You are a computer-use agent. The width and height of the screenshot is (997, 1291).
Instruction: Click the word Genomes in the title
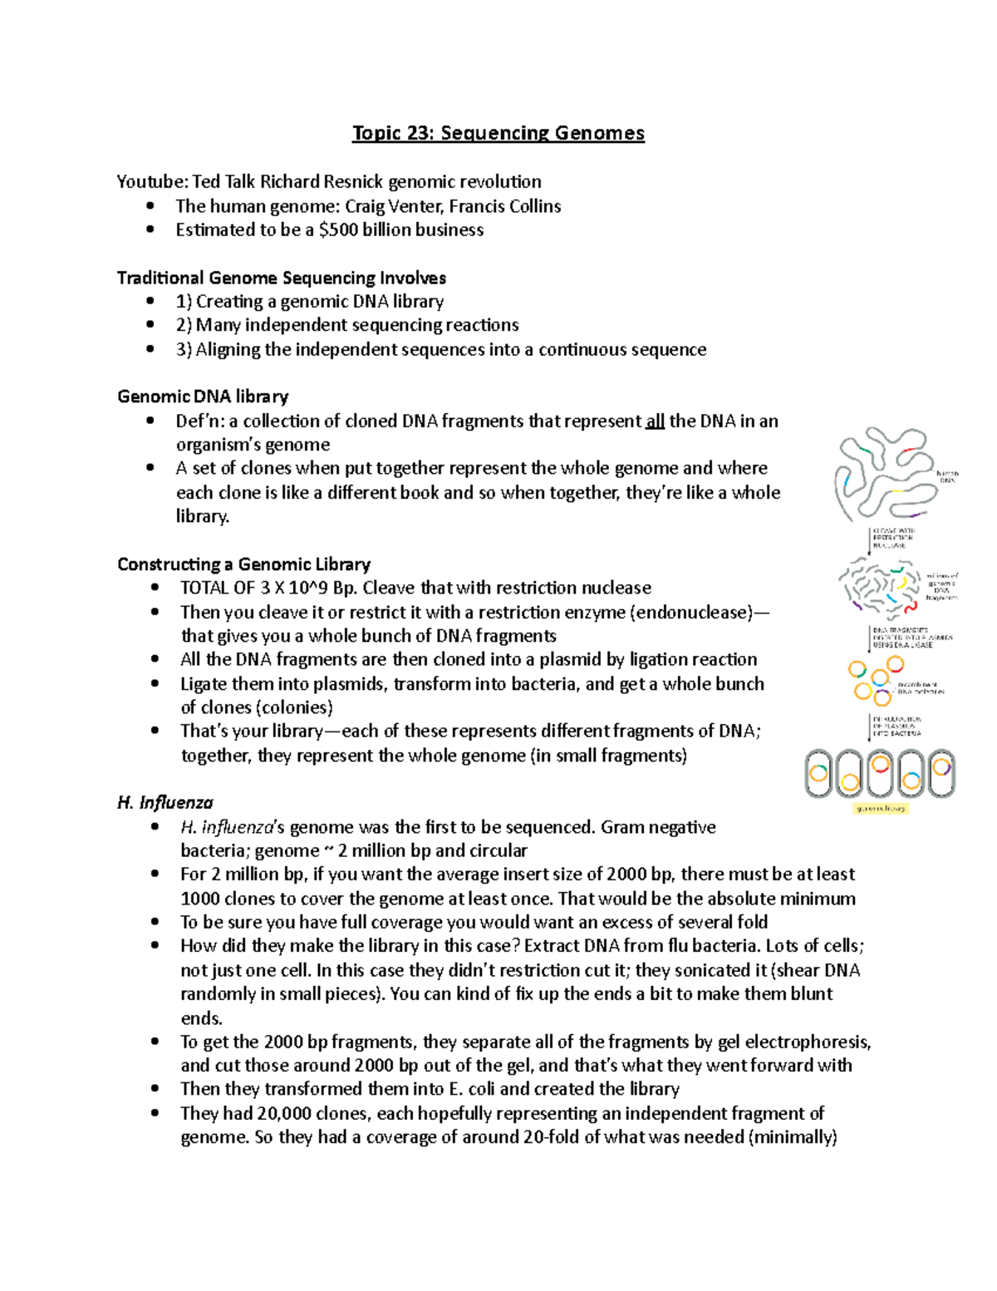pos(600,133)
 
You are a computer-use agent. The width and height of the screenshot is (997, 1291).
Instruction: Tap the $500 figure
pos(340,230)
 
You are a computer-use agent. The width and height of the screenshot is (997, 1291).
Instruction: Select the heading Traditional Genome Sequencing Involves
pos(282,278)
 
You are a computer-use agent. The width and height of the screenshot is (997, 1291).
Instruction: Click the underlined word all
pos(655,421)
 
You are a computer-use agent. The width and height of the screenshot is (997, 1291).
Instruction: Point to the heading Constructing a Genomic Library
pos(243,564)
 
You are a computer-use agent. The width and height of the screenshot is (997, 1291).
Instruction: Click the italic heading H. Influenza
pos(165,803)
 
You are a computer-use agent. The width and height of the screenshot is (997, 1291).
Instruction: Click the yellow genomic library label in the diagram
pos(881,808)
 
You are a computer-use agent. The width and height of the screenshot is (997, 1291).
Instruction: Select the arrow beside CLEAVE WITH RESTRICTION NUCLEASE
pos(869,540)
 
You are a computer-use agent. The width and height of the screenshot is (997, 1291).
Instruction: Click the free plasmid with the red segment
pos(894,664)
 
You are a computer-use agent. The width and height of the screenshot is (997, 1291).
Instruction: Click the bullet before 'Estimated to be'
pos(150,230)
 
